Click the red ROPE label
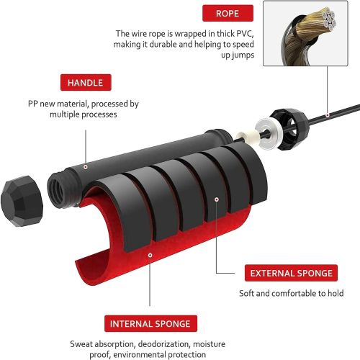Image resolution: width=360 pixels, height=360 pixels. [228, 13]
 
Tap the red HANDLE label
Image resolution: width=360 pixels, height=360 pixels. [86, 83]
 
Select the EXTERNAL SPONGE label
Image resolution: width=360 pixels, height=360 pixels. [291, 273]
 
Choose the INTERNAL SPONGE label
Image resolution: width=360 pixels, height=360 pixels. [150, 324]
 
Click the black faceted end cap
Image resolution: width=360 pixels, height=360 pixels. [22, 201]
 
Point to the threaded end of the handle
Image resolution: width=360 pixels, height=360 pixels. [57, 189]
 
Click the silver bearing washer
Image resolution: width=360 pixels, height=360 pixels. [268, 133]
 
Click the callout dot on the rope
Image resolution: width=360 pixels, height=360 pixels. [328, 115]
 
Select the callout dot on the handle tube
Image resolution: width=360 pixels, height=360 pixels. [86, 167]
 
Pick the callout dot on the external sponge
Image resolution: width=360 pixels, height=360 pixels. [217, 199]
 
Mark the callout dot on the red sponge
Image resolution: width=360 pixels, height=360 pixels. [150, 255]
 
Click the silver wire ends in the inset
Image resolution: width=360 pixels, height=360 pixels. [329, 18]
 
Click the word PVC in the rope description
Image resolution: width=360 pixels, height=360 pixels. [245, 34]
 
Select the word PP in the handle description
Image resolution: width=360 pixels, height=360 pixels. [33, 104]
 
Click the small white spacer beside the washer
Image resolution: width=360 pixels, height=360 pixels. [243, 137]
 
